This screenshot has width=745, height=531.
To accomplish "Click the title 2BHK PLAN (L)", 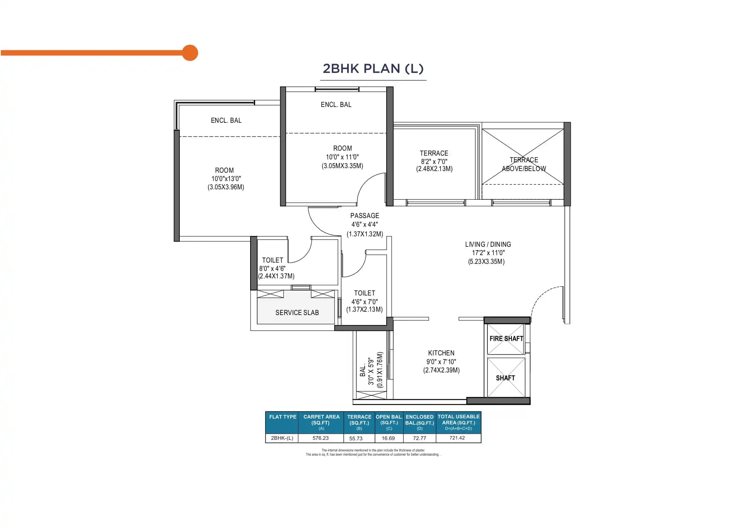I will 373,68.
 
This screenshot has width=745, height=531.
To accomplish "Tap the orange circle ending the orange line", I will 190,53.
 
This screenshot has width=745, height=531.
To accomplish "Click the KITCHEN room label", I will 441,353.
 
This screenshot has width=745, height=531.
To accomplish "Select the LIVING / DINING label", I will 488,244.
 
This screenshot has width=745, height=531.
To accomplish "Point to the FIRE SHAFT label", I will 506,339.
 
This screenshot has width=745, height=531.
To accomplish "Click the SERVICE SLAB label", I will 297,313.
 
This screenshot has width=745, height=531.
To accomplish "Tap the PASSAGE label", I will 365,216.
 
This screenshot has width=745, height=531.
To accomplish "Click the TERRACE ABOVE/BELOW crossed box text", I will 524,164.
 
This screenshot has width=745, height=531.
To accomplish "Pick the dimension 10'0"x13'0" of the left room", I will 226,179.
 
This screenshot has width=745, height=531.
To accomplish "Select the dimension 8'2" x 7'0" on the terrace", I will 434,161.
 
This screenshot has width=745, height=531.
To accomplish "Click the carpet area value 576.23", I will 320,438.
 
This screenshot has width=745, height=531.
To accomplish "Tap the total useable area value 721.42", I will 457,438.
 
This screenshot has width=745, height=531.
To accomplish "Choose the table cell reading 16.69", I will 388,438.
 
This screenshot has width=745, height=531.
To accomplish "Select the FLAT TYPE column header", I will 283,417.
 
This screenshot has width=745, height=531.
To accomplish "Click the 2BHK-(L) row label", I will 282,438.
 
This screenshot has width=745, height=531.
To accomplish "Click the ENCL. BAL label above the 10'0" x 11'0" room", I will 336,105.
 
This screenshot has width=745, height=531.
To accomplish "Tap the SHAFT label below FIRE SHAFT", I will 505,378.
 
